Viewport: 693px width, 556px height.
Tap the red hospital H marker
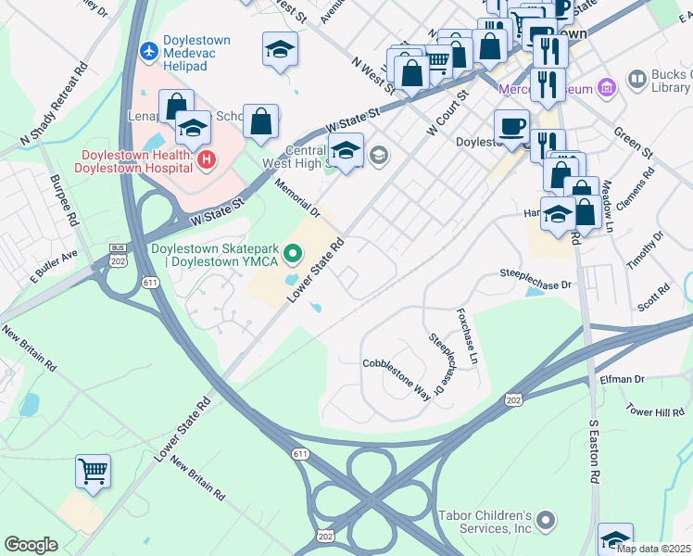pyautogui.click(x=206, y=160)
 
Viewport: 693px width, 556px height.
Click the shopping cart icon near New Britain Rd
pyautogui.click(x=93, y=472)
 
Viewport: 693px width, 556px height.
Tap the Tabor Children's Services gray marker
pyautogui.click(x=546, y=520)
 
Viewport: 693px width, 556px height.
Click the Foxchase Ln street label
pyautogui.click(x=466, y=335)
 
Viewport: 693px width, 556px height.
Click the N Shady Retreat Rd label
pyautogui.click(x=53, y=102)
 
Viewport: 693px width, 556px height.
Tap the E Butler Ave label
pyautogui.click(x=53, y=266)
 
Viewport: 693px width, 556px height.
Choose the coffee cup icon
pyautogui.click(x=510, y=126)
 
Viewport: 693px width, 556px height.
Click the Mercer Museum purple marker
pyautogui.click(x=607, y=89)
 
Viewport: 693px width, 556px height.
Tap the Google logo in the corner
pyautogui.click(x=31, y=545)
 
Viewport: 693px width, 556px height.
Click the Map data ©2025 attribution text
pyautogui.click(x=653, y=549)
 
